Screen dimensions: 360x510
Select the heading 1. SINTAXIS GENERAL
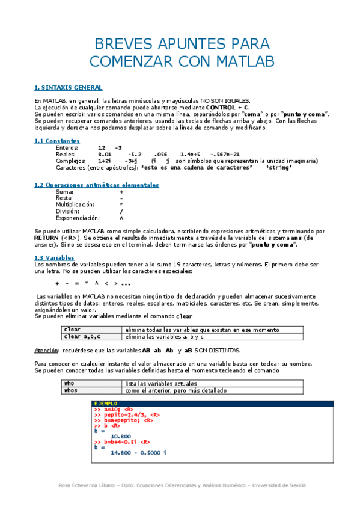[68, 88]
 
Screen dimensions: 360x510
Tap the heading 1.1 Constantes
[57, 141]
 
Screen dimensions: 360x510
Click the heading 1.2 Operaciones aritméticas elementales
[97, 185]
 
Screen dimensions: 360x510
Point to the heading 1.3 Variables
[54, 257]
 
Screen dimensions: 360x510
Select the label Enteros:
[66, 147]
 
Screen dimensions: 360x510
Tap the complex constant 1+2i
[105, 161]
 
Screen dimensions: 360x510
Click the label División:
[67, 211]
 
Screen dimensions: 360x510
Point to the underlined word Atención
[47, 350]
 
